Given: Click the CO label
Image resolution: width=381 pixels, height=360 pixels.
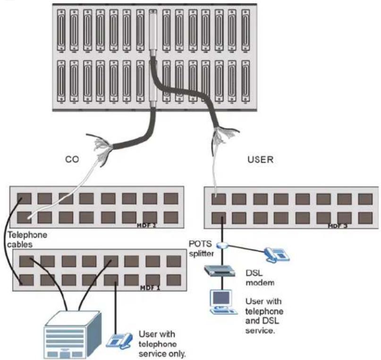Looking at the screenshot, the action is coord(72,159).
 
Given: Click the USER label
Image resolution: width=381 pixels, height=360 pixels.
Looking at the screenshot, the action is coord(260,160).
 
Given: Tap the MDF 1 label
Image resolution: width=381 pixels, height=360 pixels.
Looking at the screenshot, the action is coord(150,288).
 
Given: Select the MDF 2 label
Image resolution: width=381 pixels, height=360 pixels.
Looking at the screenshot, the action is coord(146,225).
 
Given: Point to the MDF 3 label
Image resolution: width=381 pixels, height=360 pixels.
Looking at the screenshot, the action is coord(338,226).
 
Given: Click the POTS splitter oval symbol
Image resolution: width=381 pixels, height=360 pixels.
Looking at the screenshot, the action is coord(222,245).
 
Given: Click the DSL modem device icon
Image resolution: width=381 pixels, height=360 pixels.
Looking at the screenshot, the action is coord(220,271).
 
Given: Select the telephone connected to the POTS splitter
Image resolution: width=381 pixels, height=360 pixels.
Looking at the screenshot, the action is coord(277,255).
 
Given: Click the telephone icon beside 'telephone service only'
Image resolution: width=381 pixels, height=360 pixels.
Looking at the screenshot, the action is coord(119,341).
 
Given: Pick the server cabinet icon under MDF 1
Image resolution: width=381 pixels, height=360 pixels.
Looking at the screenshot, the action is coord(72,334).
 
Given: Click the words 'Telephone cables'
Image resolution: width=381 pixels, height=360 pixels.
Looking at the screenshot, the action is coord(27,240).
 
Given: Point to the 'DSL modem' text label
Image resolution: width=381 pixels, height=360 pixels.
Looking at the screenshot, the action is coord(260,278).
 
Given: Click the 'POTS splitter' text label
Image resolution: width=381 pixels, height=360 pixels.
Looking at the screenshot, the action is coord(201,249).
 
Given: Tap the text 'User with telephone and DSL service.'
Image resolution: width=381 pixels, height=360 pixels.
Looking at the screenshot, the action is coord(264,316).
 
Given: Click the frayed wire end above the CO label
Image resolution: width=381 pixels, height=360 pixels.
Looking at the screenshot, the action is coord(99,146).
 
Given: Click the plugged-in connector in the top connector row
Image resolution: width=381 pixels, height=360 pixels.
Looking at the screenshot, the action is coord(153,30).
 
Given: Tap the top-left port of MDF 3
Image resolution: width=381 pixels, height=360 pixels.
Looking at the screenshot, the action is coord(219,199).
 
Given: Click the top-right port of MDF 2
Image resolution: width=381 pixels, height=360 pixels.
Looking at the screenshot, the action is coord(171,198).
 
